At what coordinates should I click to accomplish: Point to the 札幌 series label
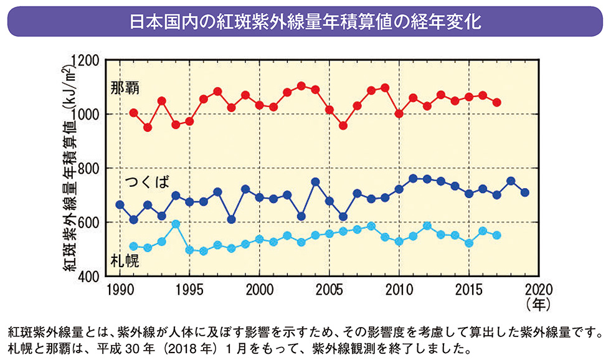(124, 260)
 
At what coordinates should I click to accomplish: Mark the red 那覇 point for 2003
(301, 86)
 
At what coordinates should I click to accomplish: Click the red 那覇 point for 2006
(343, 126)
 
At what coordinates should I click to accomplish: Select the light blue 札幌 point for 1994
(176, 224)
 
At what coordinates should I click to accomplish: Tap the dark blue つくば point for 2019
(525, 192)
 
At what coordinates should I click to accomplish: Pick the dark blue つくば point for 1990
(120, 205)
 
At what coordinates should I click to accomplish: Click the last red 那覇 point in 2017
(497, 102)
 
